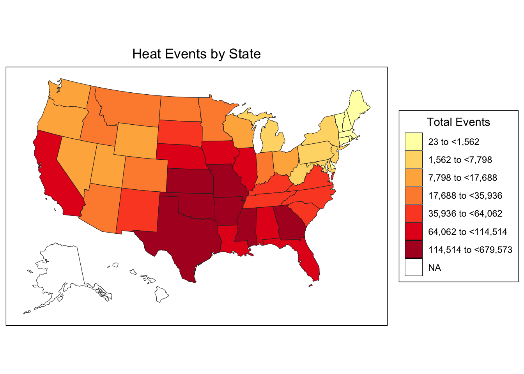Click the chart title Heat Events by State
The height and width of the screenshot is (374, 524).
196,54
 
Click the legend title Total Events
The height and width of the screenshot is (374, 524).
458,122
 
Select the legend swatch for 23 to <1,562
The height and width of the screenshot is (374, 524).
413,141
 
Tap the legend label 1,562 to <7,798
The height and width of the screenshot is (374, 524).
460,160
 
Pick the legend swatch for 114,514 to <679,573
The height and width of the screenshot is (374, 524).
413,249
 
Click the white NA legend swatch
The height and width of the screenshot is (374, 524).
413,268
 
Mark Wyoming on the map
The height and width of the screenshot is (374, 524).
136,140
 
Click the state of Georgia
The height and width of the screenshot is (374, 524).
290,222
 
